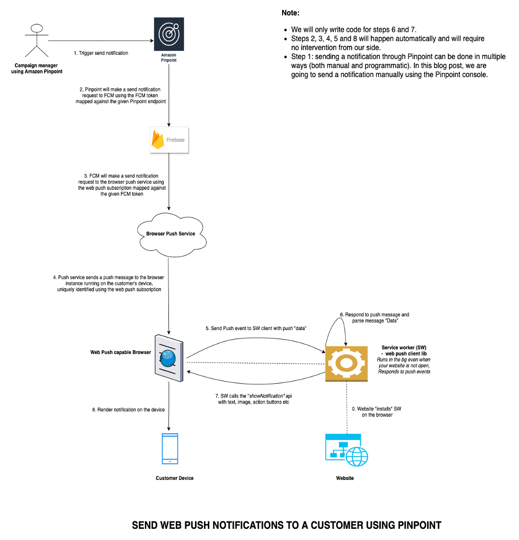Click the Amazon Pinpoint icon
[169, 33]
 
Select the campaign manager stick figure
[36, 40]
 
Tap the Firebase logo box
[169, 140]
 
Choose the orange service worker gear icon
[346, 364]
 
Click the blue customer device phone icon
[169, 449]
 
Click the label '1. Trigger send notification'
[101, 53]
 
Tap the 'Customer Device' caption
[174, 478]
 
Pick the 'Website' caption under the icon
[345, 478]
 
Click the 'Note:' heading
[291, 13]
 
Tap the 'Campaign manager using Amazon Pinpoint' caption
[37, 68]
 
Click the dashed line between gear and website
[346, 407]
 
